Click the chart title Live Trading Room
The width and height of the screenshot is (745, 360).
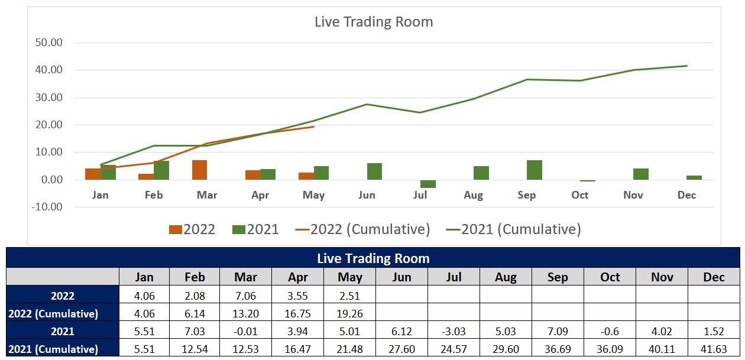[x=374, y=22]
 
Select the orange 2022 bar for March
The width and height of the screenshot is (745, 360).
[x=199, y=170]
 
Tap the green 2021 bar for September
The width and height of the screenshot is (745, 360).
[x=534, y=170]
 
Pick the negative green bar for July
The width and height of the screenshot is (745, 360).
[x=427, y=184]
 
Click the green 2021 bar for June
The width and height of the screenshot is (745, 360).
[x=374, y=171]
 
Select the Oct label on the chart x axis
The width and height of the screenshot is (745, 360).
[x=580, y=195]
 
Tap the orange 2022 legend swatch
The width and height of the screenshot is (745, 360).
[x=176, y=229]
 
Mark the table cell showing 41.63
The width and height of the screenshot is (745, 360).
[x=714, y=349]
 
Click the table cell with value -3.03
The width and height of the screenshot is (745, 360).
[x=454, y=331]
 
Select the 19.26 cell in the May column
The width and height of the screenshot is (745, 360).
[x=349, y=313]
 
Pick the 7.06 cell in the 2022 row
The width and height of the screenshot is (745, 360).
[x=245, y=296]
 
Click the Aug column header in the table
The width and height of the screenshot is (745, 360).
[x=506, y=277]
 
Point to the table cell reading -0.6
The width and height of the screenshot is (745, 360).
[x=610, y=331]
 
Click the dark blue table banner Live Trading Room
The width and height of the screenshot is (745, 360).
[x=373, y=258]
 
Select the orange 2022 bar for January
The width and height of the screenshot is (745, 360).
[x=93, y=174]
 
